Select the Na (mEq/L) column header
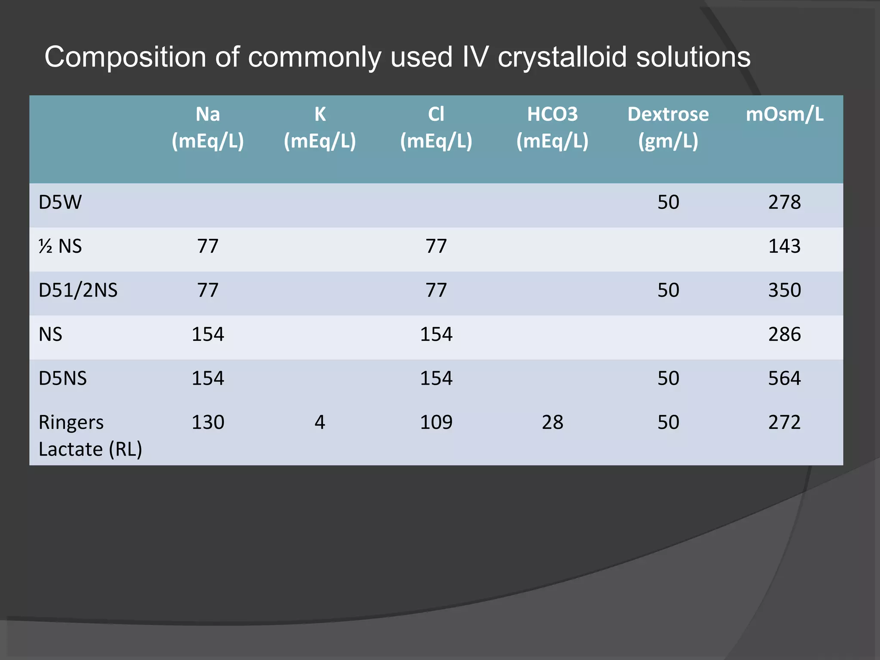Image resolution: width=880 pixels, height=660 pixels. coord(208,127)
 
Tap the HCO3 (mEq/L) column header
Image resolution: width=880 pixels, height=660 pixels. coord(552,127)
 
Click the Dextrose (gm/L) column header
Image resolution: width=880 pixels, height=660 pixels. coord(668,127)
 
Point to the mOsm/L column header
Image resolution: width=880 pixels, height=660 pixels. coord(785,114)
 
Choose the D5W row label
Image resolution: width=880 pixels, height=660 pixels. coord(60,202)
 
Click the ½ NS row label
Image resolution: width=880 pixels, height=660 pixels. coord(60,247)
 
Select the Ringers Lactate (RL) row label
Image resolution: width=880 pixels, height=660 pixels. coord(90,435)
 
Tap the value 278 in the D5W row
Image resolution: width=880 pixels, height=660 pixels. coord(785,202)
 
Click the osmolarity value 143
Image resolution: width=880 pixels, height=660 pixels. coord(785,247)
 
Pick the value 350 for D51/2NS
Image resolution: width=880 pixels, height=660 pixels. coord(785,290)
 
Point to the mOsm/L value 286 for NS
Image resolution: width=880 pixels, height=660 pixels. coord(785,334)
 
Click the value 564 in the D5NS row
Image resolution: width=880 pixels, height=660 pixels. coord(785,379)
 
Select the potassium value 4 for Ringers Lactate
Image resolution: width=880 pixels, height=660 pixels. coord(320,422)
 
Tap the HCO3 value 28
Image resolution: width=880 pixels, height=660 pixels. coord(552,422)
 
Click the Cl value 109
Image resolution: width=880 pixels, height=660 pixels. coord(436,422)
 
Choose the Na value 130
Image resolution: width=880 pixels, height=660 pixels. coord(208,422)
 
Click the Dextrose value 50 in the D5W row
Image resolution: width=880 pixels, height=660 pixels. coord(668,202)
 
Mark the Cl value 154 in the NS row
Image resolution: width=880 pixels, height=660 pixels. coord(436,334)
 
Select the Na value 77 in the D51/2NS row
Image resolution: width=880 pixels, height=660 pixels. coord(208,290)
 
